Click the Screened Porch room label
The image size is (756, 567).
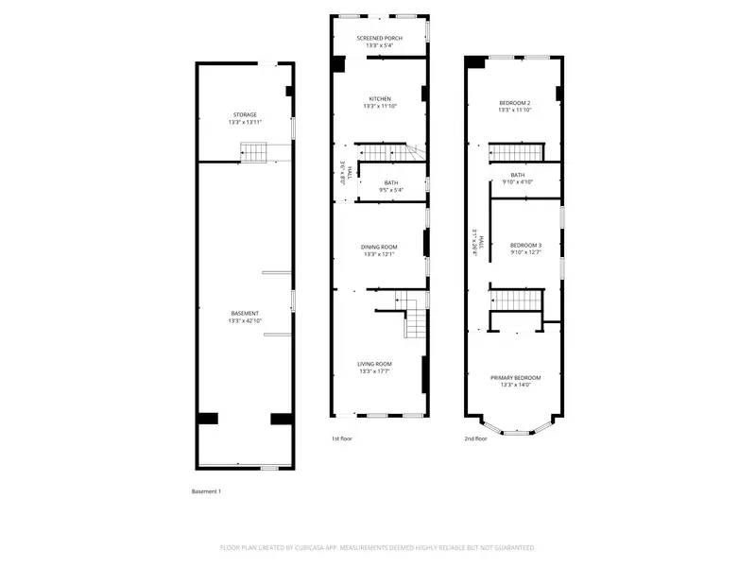tap(378, 38)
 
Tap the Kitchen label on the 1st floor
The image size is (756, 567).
tap(379, 98)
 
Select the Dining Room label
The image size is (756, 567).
tap(378, 247)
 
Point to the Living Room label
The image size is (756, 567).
tap(374, 364)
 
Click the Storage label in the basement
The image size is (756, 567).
tap(245, 114)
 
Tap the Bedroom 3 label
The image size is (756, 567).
tap(525, 245)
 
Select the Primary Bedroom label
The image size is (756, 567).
tap(515, 377)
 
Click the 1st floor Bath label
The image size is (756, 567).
tap(390, 182)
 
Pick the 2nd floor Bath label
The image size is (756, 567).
tap(517, 175)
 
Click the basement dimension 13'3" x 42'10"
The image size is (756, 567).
tap(245, 321)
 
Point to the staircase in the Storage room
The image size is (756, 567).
tap(254, 151)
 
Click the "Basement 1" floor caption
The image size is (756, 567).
tap(205, 491)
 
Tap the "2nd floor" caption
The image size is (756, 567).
tap(475, 438)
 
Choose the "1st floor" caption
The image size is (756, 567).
tap(342, 438)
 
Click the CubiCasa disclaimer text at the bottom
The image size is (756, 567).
tap(378, 547)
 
